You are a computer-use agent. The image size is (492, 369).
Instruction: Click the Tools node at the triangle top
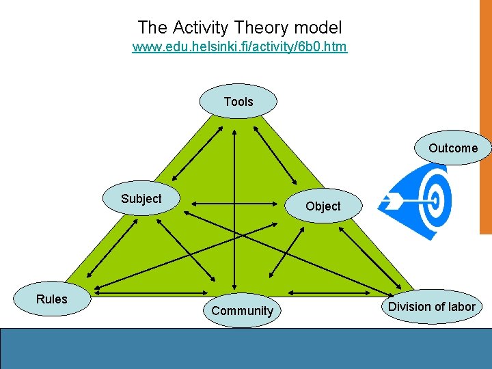tap(238, 102)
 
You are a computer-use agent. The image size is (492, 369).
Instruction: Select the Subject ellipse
tap(141, 199)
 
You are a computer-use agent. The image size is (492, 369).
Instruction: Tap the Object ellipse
tap(323, 206)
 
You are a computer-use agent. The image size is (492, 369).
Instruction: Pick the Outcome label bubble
tap(453, 148)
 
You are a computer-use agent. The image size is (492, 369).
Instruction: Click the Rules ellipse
tap(52, 299)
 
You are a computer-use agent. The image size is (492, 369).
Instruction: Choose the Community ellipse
tap(242, 311)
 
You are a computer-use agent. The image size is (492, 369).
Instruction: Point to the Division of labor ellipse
tap(431, 307)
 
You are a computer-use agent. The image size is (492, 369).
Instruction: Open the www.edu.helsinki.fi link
tap(239, 47)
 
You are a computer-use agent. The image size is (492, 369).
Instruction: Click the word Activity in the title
tap(201, 28)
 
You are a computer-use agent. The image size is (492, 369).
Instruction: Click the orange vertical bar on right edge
tap(486, 116)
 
